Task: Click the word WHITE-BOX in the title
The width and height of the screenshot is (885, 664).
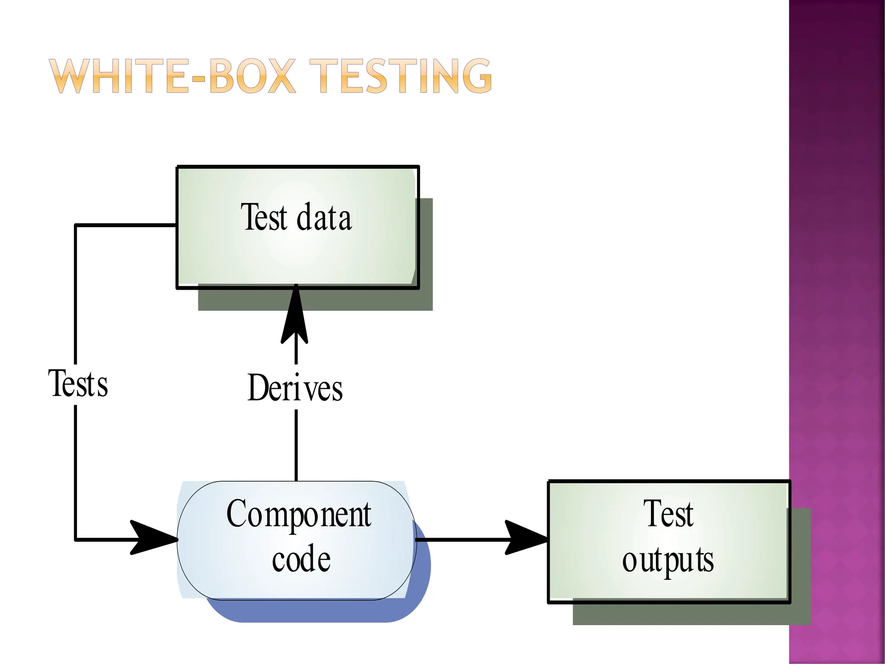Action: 173,77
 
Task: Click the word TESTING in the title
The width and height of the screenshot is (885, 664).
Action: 401,77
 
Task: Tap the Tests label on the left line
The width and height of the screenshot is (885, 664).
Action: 78,384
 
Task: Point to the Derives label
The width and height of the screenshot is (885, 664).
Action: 295,388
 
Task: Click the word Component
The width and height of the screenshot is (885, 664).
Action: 299,514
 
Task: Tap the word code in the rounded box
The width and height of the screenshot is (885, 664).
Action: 301,559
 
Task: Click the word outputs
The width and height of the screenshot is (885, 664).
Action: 668,560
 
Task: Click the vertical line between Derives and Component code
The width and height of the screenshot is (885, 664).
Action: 296,445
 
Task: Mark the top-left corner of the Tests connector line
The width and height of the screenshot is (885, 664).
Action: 76,225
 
